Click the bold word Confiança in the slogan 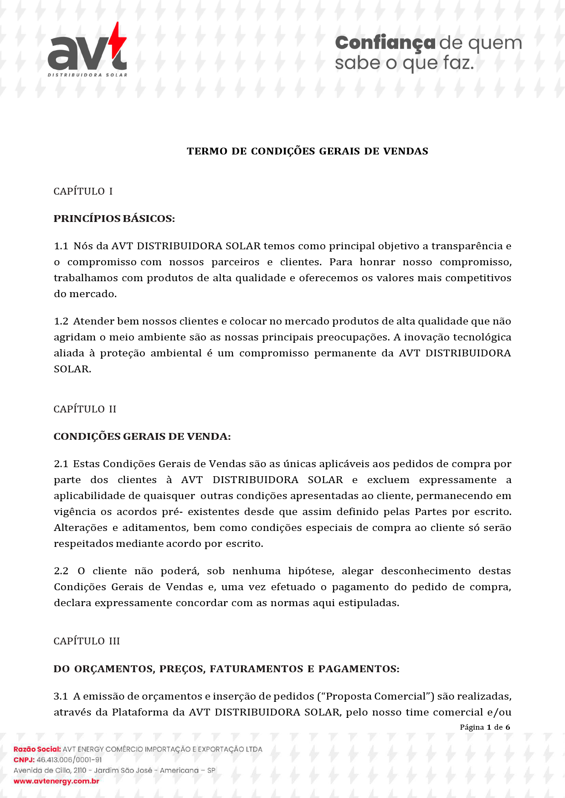385,43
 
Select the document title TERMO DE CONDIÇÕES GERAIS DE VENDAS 308,151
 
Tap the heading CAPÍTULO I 83,191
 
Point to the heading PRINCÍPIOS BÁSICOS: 114,219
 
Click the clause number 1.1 61,246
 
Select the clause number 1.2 61,321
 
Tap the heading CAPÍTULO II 85,409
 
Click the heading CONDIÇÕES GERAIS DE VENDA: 142,437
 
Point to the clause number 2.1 61,464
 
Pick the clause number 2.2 61,571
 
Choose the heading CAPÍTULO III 87,641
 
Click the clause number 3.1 61,696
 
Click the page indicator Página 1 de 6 485,727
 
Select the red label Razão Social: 37,749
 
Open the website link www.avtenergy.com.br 56,781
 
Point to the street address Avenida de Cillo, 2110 50,771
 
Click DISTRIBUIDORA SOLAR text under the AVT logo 87,75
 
